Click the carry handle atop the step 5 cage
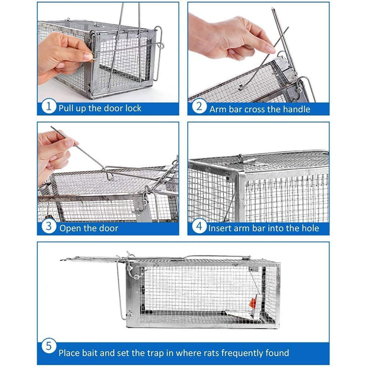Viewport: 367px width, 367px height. pos(214,258)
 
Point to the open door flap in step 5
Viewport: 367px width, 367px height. pos(89,259)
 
